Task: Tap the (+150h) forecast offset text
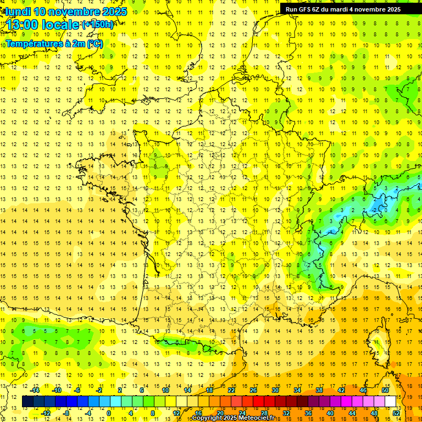tap(98, 25)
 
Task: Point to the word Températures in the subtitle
tap(31, 43)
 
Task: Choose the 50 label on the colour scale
tap(385, 390)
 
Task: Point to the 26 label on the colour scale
tap(253, 390)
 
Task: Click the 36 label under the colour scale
tap(308, 413)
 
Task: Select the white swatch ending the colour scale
tap(391, 402)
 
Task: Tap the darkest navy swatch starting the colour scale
tap(27, 402)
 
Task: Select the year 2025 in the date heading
tap(114, 12)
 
